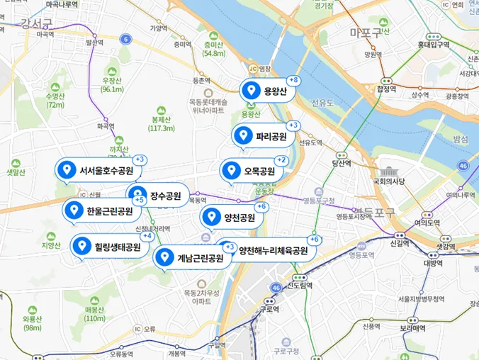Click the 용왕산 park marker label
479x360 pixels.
tap(267, 91)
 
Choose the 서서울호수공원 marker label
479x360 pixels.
tap(98, 171)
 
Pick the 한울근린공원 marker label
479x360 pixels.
tap(102, 211)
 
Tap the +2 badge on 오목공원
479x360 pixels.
tap(281, 160)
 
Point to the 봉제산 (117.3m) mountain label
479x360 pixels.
tap(162, 123)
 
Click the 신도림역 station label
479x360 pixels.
tap(300, 286)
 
